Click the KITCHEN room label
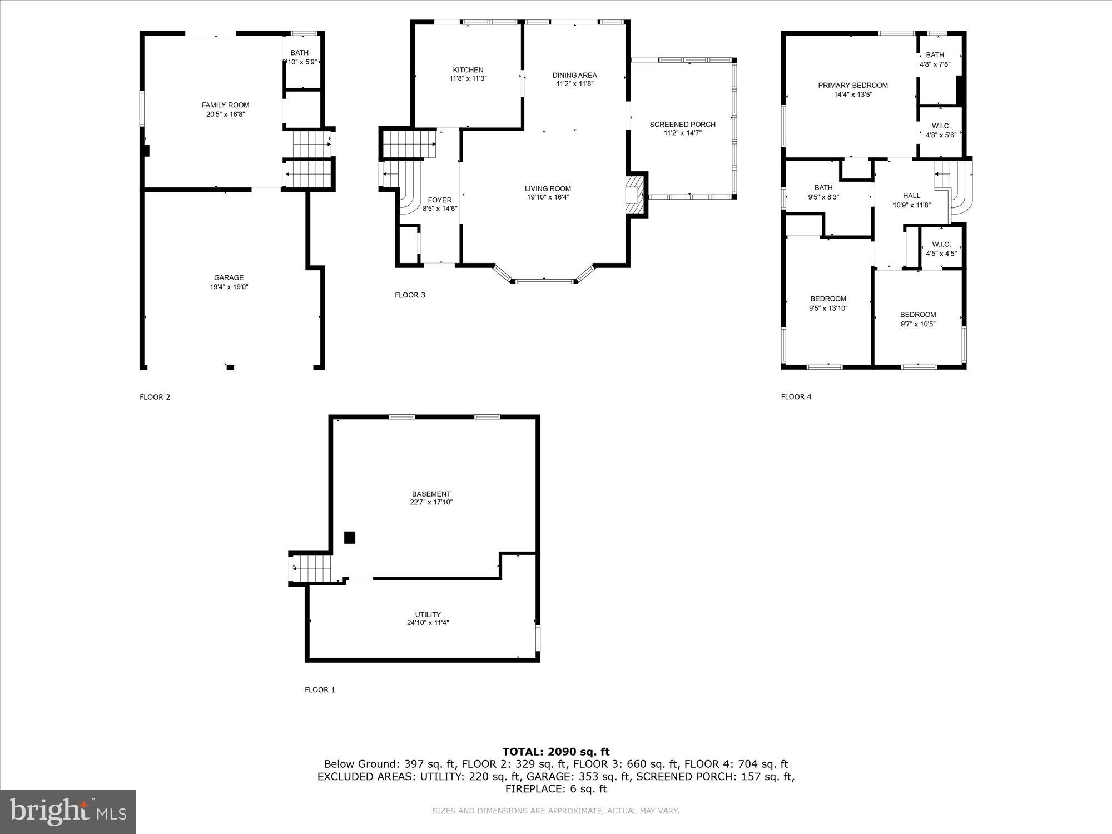coord(468,70)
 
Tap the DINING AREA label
coord(574,75)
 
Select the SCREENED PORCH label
coord(682,125)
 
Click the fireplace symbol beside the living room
coord(634,195)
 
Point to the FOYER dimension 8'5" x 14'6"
coord(440,209)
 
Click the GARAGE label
coord(229,278)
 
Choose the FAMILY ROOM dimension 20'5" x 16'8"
coord(225,115)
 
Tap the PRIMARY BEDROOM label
coord(853,86)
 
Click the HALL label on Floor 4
coord(911,196)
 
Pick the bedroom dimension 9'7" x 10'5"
coord(918,324)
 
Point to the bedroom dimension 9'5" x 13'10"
coord(828,309)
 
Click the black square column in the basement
coord(349,538)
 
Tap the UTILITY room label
coord(428,614)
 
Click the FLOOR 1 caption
coord(320,690)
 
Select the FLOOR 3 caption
coord(410,295)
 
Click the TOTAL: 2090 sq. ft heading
coord(556,752)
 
